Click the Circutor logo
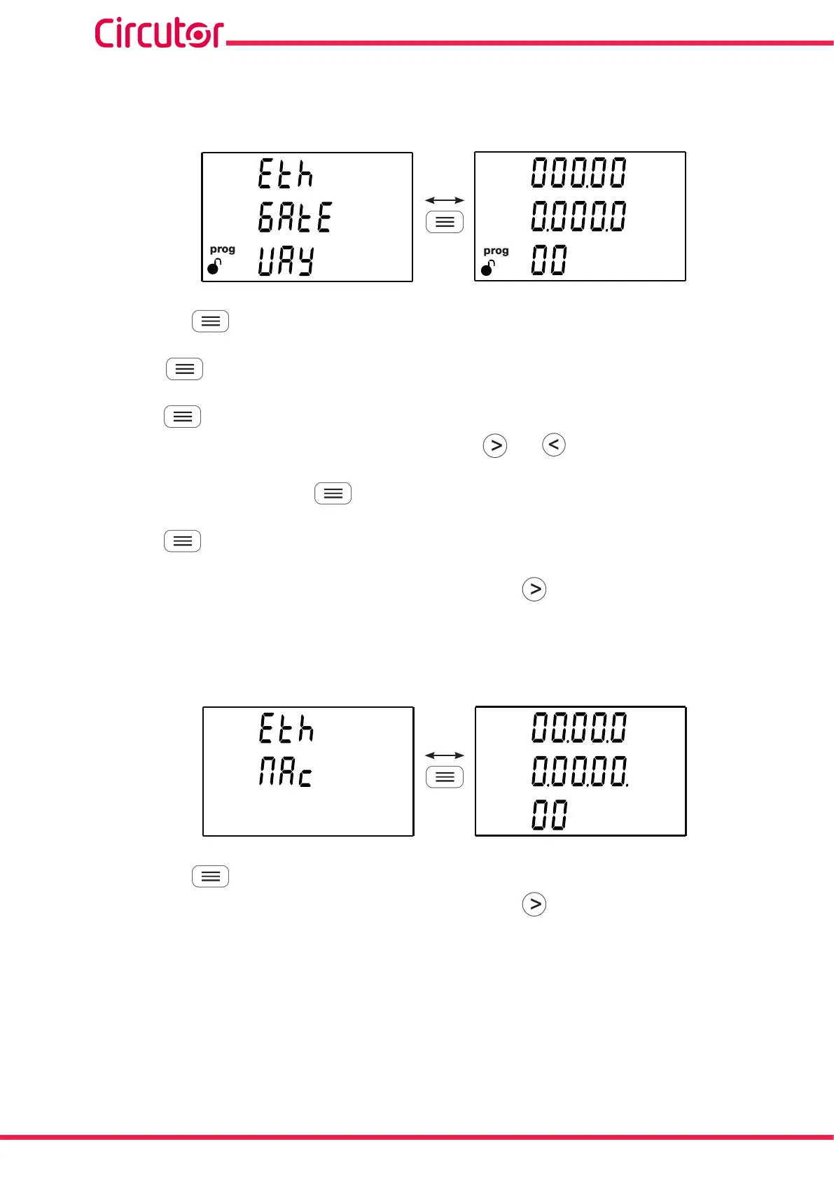pyautogui.click(x=159, y=33)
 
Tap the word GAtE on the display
pyautogui.click(x=295, y=217)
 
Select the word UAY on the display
pyautogui.click(x=286, y=260)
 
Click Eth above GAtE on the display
pyautogui.click(x=285, y=174)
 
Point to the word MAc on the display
pyautogui.click(x=285, y=773)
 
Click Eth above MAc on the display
pyautogui.click(x=286, y=728)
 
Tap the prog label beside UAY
pyautogui.click(x=222, y=249)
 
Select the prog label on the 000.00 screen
pyautogui.click(x=496, y=251)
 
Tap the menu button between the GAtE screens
pyautogui.click(x=445, y=222)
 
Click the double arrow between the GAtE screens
pyautogui.click(x=445, y=200)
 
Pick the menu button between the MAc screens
pyautogui.click(x=445, y=777)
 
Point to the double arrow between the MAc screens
pyautogui.click(x=445, y=755)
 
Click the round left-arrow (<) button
pyautogui.click(x=554, y=445)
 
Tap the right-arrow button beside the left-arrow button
pyautogui.click(x=495, y=445)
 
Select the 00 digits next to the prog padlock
pyautogui.click(x=548, y=260)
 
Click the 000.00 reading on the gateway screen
pyautogui.click(x=578, y=172)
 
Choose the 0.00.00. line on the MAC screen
pyautogui.click(x=580, y=772)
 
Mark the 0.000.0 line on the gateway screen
pyautogui.click(x=578, y=216)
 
